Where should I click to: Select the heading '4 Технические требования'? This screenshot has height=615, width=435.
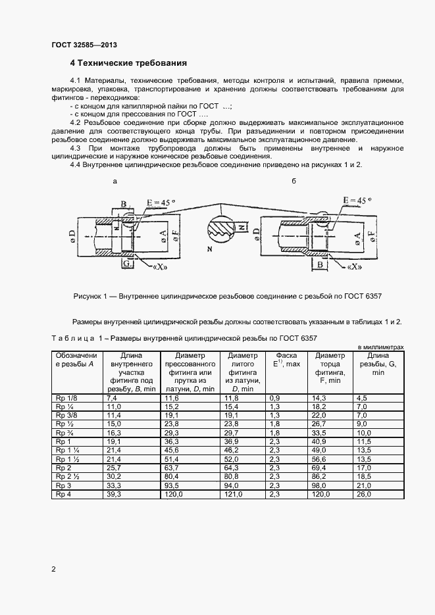tap(129, 63)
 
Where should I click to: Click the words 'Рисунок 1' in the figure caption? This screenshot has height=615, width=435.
tap(91, 297)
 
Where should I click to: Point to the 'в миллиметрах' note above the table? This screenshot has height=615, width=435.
tap(380, 347)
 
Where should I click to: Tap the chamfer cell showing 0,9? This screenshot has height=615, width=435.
tap(275, 398)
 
